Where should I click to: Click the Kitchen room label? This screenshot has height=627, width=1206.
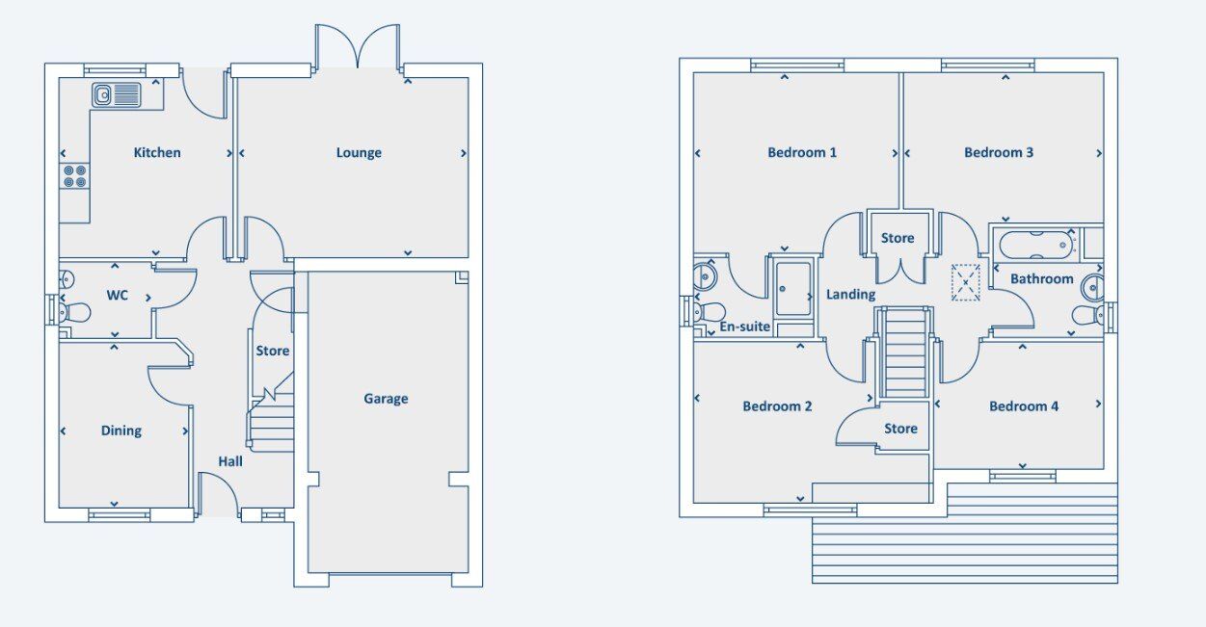tap(157, 153)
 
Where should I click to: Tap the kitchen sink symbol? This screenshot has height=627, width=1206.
tap(117, 95)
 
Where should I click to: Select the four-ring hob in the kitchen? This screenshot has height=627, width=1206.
tap(75, 176)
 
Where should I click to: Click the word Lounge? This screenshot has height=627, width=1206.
tap(359, 153)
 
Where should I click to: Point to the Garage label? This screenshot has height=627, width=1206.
tap(386, 399)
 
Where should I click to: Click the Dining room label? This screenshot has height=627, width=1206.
tap(121, 431)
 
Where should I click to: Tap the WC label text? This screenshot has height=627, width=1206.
tap(117, 296)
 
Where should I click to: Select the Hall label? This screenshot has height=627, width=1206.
tap(229, 461)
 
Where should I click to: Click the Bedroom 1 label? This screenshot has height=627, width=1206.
tap(802, 153)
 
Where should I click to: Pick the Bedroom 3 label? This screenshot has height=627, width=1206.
tap(999, 153)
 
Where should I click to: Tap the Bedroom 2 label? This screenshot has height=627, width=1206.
tap(777, 406)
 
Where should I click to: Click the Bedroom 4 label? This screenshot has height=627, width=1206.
tap(1024, 406)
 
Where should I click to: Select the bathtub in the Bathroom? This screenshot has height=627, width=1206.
tap(1036, 246)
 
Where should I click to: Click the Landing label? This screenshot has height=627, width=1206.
tap(850, 295)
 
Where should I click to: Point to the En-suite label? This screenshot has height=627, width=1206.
tap(744, 327)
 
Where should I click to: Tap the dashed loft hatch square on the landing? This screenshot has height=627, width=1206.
tap(966, 282)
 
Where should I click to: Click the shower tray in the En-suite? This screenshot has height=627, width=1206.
tap(793, 288)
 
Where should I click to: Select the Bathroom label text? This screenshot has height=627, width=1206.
tap(1042, 279)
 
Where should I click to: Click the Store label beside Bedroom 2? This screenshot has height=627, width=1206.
tap(900, 429)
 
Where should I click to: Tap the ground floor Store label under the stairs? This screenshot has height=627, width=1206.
tap(273, 352)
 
